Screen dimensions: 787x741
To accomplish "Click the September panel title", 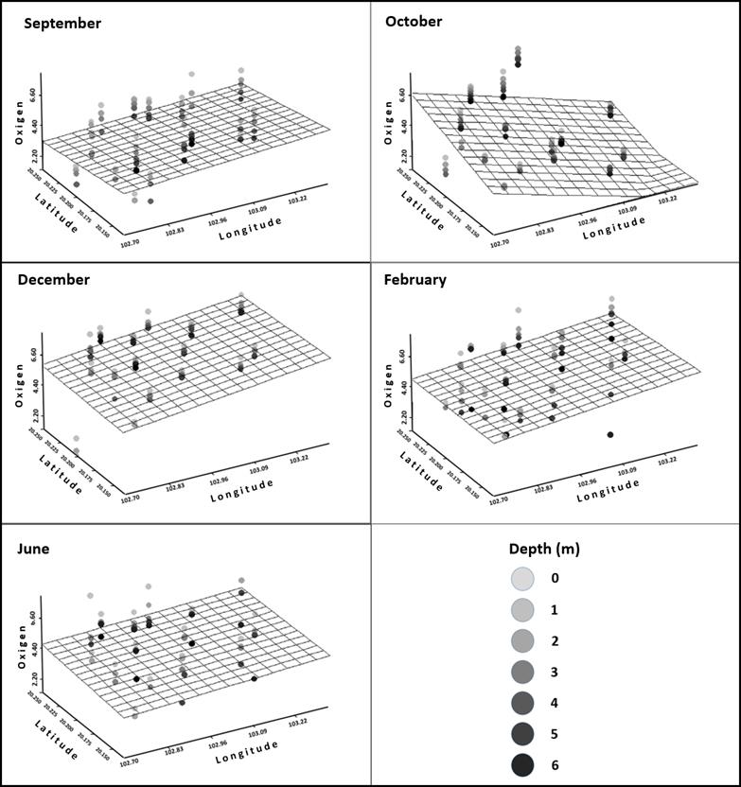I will click(62, 23).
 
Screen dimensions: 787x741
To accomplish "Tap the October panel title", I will click(414, 21).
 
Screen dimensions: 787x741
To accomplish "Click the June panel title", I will click(36, 549).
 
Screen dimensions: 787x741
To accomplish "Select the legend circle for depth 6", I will click(523, 762).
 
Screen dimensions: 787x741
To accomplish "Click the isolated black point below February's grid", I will click(610, 434).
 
